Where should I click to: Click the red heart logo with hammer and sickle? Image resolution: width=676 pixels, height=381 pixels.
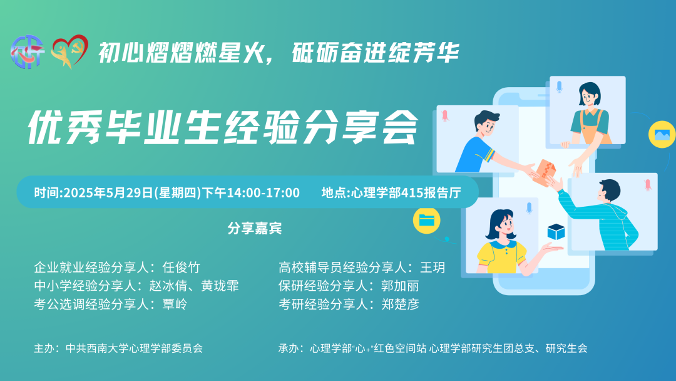point(69,51)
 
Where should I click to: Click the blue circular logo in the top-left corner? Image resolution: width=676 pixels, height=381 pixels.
point(27,52)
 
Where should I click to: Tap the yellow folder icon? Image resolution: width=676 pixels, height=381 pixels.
point(426,221)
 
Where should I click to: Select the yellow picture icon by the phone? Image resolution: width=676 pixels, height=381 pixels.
point(662,134)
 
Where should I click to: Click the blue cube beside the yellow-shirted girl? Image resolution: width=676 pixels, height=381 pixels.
point(556,232)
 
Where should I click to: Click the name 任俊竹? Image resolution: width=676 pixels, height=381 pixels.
point(182,268)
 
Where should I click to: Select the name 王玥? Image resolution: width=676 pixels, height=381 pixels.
point(433,268)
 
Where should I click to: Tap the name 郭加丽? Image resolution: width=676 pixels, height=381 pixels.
point(400,286)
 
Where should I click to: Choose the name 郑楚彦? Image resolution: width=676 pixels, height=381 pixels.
point(400,304)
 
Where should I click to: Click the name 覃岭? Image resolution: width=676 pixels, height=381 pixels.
point(175,304)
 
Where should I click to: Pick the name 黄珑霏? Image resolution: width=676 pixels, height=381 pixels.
point(220,286)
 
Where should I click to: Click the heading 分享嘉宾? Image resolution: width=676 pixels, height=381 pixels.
point(255,228)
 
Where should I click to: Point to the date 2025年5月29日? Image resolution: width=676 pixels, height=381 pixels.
point(108,192)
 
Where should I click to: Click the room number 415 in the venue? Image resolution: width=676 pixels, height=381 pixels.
point(412,192)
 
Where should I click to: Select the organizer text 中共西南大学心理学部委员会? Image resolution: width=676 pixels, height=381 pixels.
point(134,348)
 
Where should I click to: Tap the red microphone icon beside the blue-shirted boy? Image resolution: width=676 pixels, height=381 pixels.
point(445,116)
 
